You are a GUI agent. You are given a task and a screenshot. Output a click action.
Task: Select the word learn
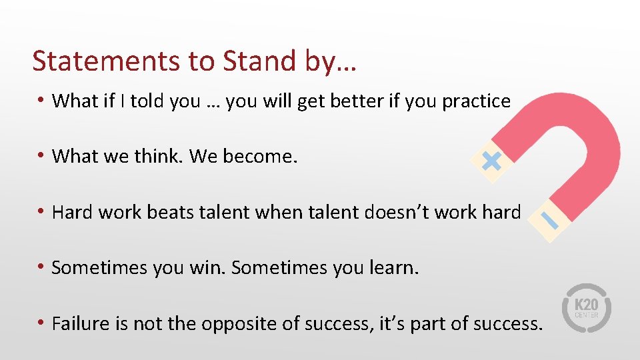tap(394, 268)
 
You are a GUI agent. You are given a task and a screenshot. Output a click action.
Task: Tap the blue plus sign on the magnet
tap(491, 160)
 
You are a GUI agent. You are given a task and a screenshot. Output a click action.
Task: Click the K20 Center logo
tap(587, 308)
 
